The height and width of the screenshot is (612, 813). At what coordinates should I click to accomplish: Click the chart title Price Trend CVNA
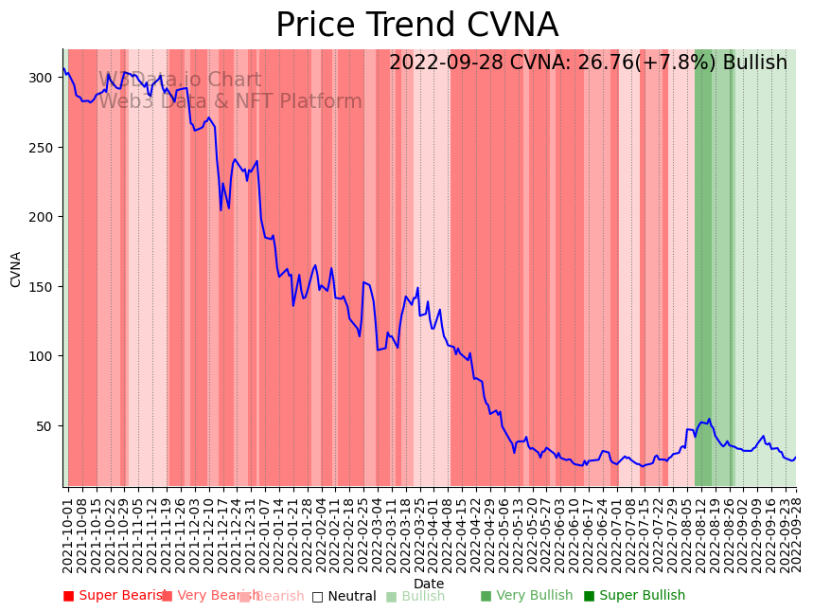416,26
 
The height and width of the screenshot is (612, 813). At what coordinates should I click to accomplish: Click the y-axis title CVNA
16,269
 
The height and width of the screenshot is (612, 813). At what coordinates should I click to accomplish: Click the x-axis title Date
429,584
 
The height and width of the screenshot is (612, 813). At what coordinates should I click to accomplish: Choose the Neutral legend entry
345,597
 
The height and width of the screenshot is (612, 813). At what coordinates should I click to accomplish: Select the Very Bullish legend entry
527,596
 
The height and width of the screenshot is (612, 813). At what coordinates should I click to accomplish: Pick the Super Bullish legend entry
634,596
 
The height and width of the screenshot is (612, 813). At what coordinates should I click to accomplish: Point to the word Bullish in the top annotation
754,63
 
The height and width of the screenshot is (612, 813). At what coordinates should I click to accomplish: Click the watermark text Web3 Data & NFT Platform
230,101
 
